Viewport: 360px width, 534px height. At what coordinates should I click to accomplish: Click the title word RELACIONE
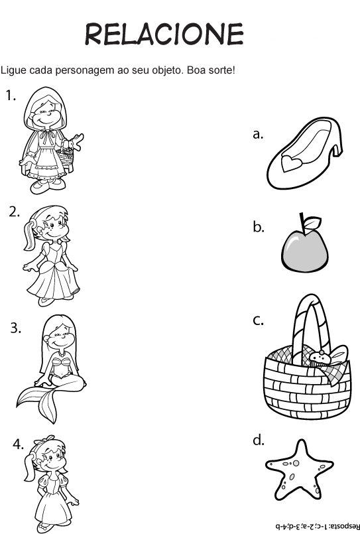164,34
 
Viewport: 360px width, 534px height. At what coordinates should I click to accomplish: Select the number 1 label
11,96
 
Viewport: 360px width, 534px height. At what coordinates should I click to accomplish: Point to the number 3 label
16,328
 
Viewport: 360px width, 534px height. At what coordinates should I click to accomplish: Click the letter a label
259,134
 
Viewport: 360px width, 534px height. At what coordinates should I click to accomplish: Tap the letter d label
259,440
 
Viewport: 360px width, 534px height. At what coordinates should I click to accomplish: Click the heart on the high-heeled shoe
290,163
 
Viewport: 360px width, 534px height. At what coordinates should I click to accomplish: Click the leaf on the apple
312,222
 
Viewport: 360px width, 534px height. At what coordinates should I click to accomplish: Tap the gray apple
304,251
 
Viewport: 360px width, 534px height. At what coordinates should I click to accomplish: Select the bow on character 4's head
44,440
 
